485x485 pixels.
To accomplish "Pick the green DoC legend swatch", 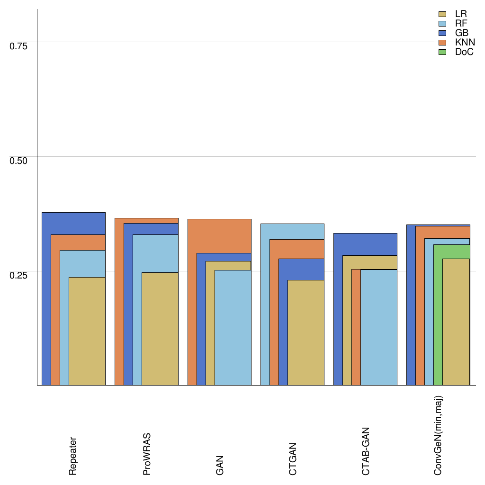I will (x=443, y=52).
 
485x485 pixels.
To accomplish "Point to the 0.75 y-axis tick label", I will (x=19, y=46).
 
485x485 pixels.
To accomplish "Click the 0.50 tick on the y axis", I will (x=19, y=161).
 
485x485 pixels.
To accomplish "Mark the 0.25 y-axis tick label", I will (x=19, y=275).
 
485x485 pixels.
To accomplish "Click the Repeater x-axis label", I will (x=73, y=456).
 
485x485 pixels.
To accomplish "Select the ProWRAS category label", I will (x=147, y=454).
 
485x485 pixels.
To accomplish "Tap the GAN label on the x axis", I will (x=220, y=466).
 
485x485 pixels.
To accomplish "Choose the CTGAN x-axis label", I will (x=293, y=459).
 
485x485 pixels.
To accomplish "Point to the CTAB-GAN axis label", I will (x=366, y=451).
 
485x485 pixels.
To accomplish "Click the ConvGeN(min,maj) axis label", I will (x=439, y=436).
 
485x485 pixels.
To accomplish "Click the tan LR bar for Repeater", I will (x=87, y=332).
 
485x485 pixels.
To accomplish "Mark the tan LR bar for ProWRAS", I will (x=160, y=329).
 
